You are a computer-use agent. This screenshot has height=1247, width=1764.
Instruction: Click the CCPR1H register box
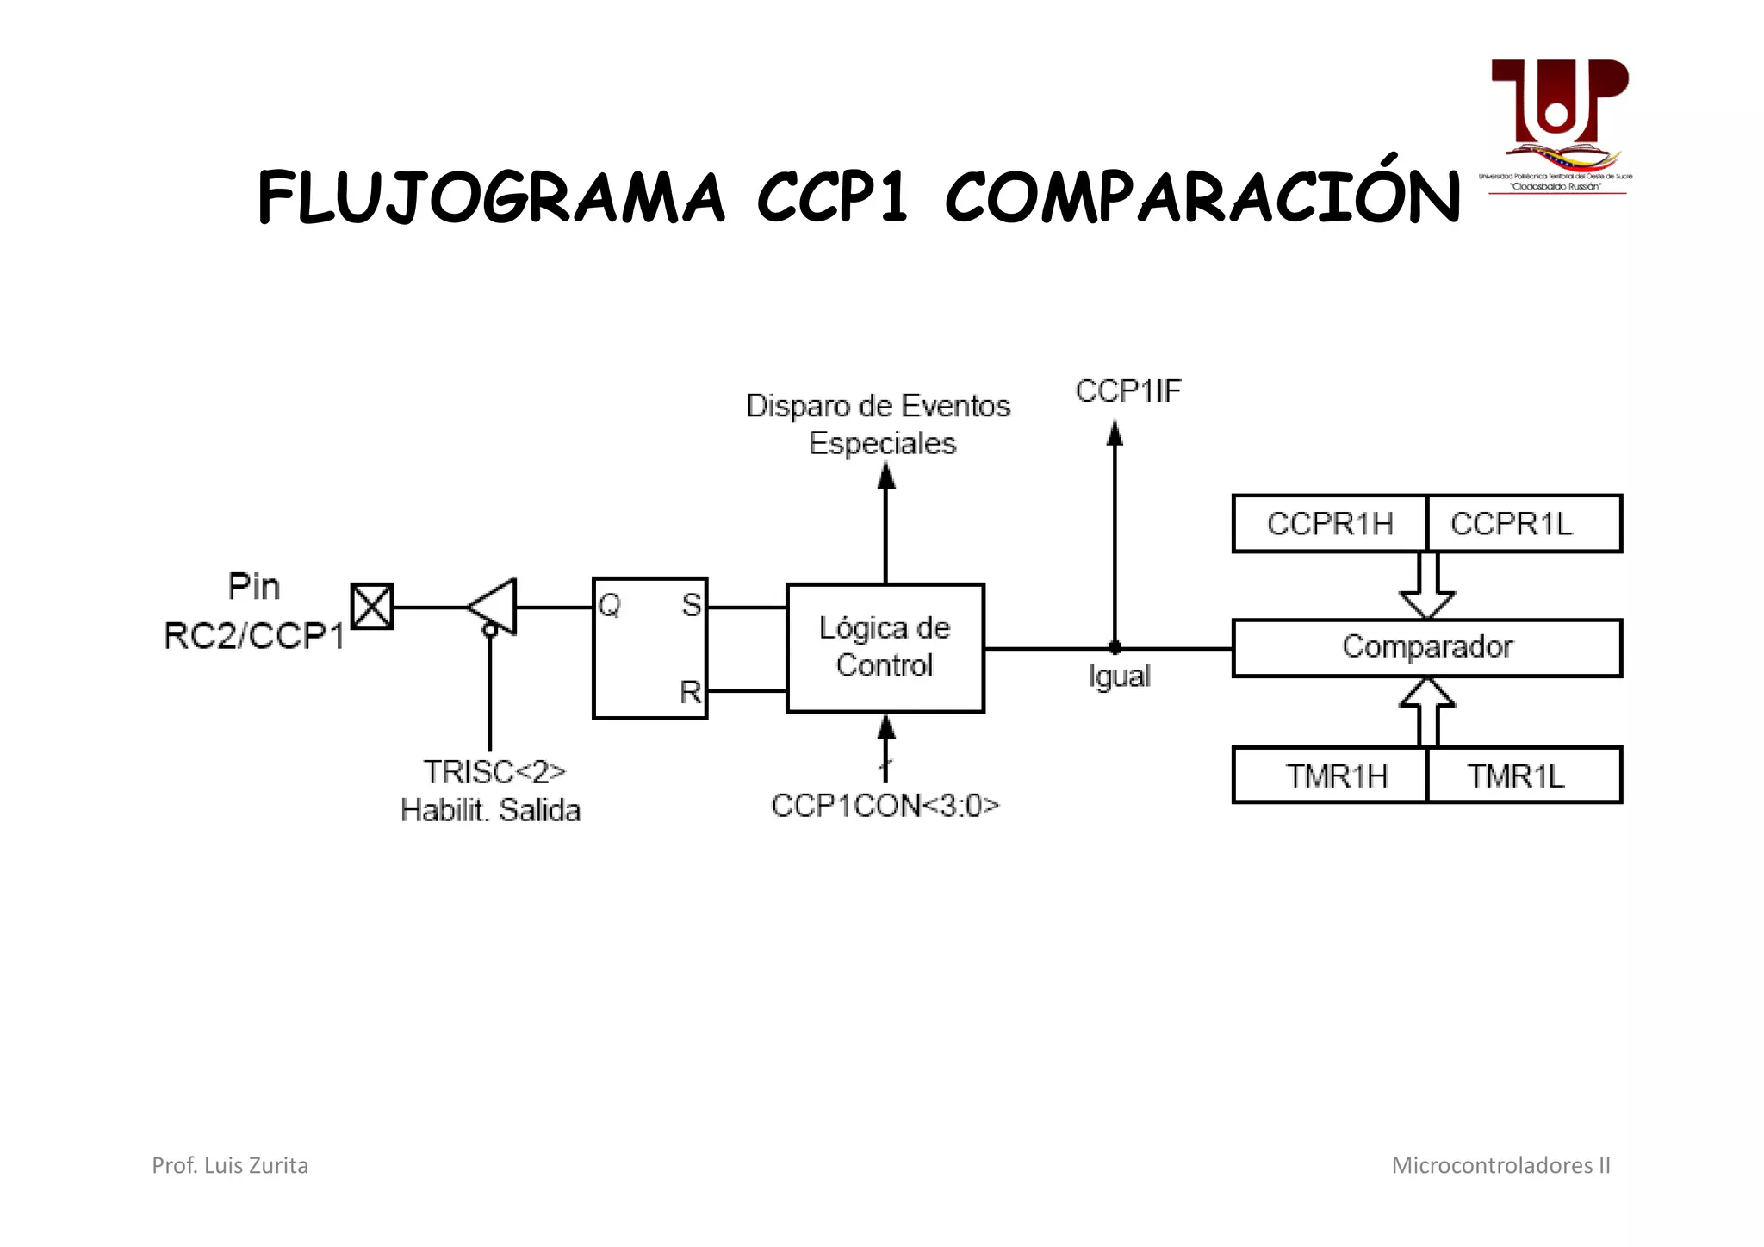[1329, 524]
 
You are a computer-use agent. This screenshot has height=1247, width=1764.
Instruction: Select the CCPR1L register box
[1523, 524]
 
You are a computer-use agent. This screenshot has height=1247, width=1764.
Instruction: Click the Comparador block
[1426, 647]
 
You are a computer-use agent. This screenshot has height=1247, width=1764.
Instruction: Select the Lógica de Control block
[885, 647]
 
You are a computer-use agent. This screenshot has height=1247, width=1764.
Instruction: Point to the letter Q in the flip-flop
[609, 606]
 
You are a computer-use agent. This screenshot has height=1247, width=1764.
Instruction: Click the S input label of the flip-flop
[691, 606]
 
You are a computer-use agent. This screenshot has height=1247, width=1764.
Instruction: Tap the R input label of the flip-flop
[690, 692]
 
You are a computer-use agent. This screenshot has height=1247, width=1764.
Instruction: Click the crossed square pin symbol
[373, 606]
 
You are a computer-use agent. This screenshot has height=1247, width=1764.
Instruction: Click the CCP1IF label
[1127, 391]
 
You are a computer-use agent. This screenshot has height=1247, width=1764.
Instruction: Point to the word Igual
[1119, 676]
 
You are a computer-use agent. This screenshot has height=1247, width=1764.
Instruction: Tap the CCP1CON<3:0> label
[885, 806]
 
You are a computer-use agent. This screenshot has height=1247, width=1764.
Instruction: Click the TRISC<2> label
[494, 772]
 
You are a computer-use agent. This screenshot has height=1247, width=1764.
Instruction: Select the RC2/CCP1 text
[254, 637]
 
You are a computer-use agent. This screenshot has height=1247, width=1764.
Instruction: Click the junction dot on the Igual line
[1115, 647]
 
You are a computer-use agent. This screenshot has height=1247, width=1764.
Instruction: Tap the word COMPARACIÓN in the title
[1202, 198]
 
